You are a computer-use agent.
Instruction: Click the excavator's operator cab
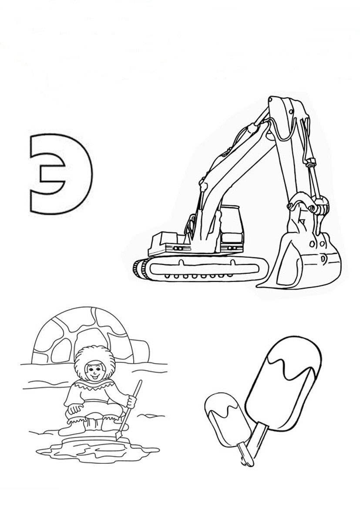[231, 229]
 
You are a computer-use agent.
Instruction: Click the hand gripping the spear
[131, 402]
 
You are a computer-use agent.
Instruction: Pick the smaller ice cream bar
[227, 419]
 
